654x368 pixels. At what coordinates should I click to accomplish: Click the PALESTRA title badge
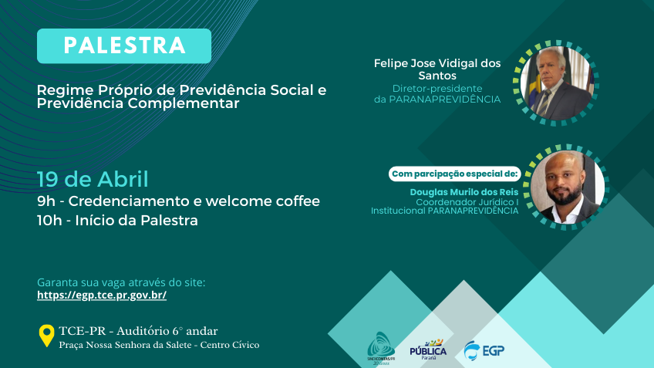(124, 46)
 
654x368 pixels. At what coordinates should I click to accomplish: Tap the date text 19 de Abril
(93, 180)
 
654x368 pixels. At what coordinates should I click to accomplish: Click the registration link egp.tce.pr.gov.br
(102, 295)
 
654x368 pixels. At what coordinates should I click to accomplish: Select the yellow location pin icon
(47, 336)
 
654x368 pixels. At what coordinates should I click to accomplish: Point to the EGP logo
(484, 350)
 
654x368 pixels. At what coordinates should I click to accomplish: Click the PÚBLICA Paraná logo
(428, 349)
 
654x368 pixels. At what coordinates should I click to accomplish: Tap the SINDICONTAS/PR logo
(381, 348)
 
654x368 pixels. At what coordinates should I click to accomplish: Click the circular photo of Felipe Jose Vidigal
(555, 83)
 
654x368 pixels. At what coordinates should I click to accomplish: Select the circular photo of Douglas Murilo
(568, 187)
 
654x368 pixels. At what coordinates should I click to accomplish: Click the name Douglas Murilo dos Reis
(464, 192)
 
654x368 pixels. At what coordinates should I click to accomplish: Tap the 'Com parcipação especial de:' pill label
(454, 174)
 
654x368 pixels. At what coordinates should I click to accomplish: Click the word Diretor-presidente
(437, 89)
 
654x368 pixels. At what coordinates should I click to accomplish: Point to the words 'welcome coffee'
(262, 201)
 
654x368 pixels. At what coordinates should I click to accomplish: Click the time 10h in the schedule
(49, 221)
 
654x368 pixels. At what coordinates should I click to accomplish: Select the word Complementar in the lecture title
(184, 103)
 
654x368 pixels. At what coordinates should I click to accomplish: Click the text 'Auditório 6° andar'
(167, 331)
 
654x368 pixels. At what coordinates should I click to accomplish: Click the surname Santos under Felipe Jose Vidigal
(437, 76)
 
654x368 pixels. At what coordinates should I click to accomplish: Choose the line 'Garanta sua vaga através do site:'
(121, 282)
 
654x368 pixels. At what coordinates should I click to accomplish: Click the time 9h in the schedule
(46, 201)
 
